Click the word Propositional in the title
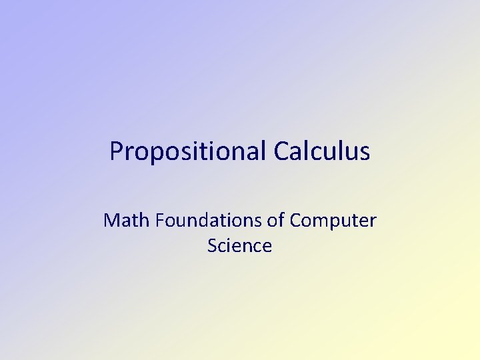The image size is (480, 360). (188, 152)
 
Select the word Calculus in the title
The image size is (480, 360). (321, 151)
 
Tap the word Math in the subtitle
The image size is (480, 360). (127, 220)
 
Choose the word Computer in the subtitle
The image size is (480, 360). (333, 221)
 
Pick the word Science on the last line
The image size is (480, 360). (239, 246)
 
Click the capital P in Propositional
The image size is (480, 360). (117, 151)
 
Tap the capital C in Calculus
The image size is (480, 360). (280, 151)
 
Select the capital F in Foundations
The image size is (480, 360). (160, 220)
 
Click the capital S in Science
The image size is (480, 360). (211, 246)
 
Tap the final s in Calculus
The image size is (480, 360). (365, 153)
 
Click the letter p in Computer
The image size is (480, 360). (337, 223)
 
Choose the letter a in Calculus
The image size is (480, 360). (295, 153)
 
